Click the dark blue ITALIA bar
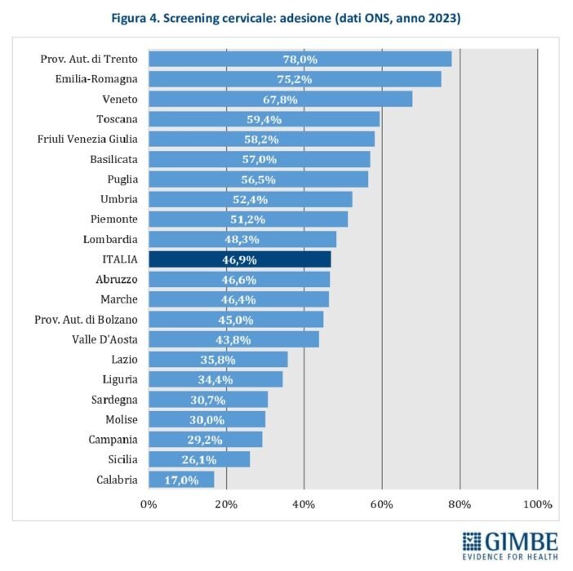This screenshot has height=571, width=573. click(240, 259)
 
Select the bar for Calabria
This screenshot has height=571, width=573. click(181, 480)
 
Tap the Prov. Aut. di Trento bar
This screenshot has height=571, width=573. click(300, 60)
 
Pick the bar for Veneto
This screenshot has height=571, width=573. click(280, 99)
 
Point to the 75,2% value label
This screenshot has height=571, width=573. click(295, 79)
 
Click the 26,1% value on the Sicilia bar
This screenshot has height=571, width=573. click(199, 459)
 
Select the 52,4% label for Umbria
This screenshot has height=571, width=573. click(251, 200)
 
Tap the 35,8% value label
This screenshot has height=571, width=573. click(218, 360)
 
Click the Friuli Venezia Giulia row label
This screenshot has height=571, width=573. click(87, 139)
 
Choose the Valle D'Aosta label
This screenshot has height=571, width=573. click(104, 339)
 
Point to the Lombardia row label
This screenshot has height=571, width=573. click(110, 240)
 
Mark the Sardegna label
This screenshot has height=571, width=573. click(114, 400)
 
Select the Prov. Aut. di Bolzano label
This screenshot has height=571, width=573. click(87, 320)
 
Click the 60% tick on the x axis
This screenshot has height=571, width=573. click(381, 505)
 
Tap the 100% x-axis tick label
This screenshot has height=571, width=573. click(538, 505)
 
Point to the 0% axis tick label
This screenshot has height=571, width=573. click(149, 505)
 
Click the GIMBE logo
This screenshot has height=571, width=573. click(510, 546)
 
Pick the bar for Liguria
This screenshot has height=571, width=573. click(215, 379)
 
